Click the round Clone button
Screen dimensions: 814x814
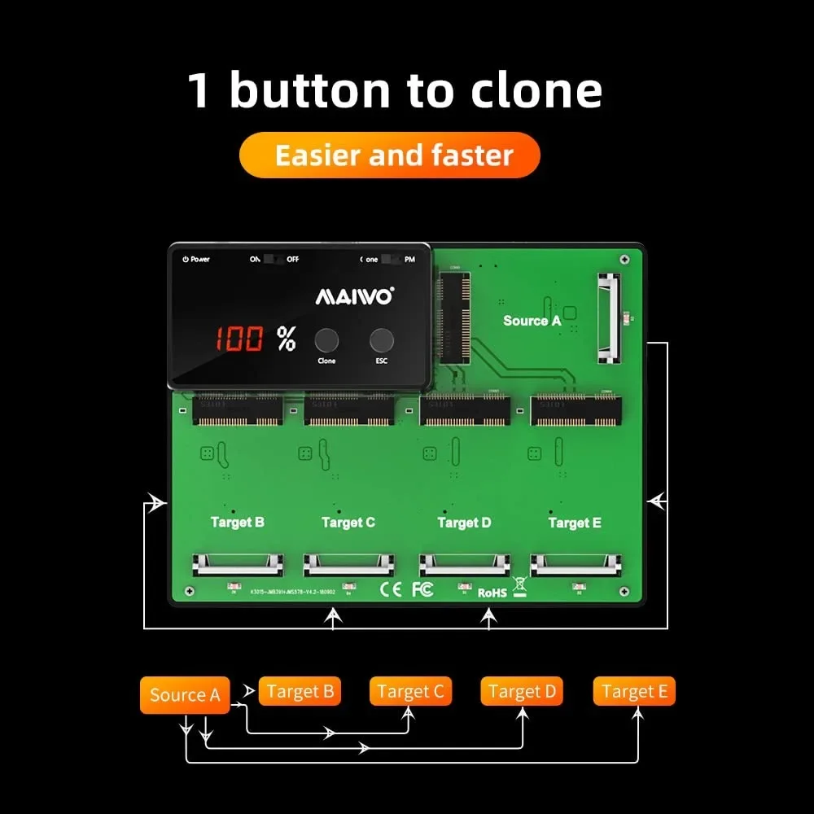(327, 340)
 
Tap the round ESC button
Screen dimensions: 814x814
(381, 340)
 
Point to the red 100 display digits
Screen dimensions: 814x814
(239, 339)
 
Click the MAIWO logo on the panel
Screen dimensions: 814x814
(354, 296)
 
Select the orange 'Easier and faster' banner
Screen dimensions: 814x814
(390, 155)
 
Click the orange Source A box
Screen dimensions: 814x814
(185, 695)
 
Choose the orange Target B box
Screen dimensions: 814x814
(300, 692)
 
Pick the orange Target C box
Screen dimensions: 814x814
(410, 692)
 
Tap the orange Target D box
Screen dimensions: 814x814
(522, 692)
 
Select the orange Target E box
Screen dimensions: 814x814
(634, 692)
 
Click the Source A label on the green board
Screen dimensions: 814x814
(532, 321)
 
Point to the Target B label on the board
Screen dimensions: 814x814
(237, 522)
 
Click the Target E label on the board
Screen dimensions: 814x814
(575, 523)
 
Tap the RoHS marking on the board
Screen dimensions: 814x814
(492, 593)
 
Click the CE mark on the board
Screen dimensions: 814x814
(392, 589)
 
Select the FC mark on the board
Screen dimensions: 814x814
(422, 589)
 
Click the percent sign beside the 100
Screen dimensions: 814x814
(286, 339)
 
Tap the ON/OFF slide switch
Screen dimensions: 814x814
(274, 259)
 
